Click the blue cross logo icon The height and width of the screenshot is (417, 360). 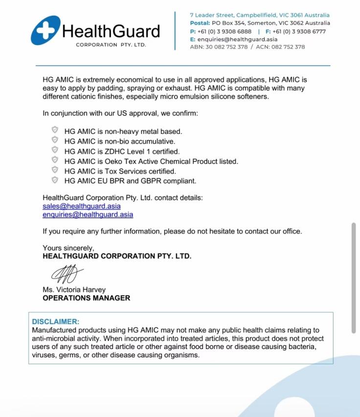tap(45, 30)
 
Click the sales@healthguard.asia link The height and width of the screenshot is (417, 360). tap(82, 206)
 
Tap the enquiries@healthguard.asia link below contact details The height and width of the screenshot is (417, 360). tap(88, 215)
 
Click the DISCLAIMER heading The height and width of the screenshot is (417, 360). tap(55, 322)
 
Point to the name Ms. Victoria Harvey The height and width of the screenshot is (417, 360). tap(74, 289)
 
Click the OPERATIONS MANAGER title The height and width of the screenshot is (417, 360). tap(86, 298)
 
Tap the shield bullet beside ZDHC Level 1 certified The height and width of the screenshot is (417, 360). tap(55, 150)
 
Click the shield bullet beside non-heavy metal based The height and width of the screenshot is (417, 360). tap(55, 131)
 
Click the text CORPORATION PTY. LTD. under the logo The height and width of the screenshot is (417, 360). tap(111, 45)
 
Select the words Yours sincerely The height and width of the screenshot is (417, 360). tap(68, 248)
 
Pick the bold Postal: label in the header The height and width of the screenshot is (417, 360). tap(200, 23)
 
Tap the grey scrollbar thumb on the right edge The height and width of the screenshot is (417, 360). tap(354, 278)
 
